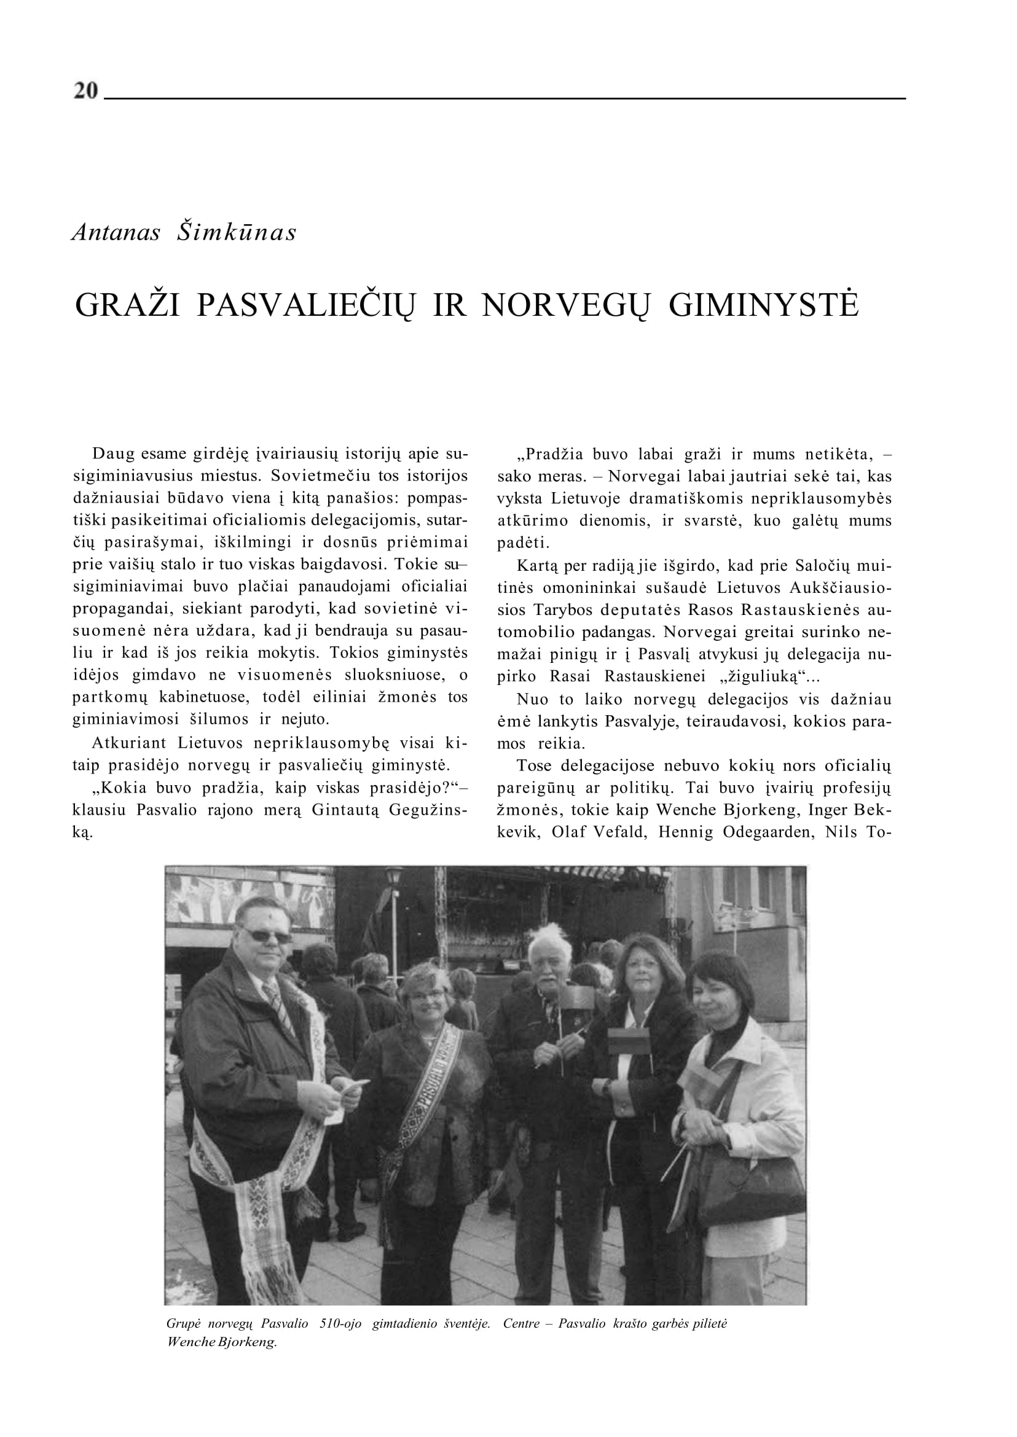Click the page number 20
[86, 91]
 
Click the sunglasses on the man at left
[267, 936]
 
